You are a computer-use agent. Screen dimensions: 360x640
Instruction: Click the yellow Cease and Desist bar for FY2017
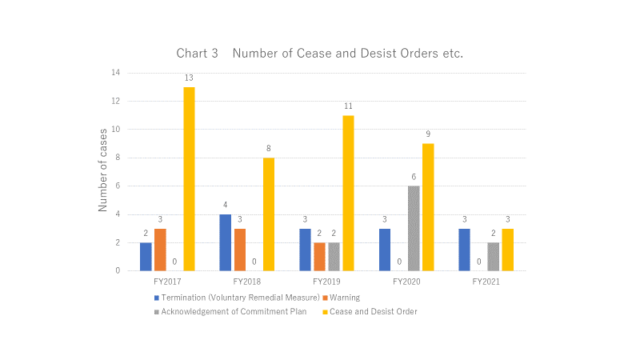pyautogui.click(x=189, y=179)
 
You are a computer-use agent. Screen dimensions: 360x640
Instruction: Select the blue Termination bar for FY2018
pyautogui.click(x=226, y=242)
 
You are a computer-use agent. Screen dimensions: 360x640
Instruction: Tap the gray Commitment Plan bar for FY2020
pyautogui.click(x=414, y=228)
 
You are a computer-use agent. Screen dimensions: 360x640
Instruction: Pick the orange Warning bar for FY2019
pyautogui.click(x=320, y=256)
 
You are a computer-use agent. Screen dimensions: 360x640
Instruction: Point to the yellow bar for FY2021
pyautogui.click(x=508, y=250)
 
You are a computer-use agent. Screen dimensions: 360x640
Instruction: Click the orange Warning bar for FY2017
pyautogui.click(x=160, y=250)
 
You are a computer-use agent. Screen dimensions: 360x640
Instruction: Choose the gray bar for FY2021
pyautogui.click(x=494, y=256)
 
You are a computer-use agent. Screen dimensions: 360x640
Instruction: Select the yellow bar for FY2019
pyautogui.click(x=349, y=193)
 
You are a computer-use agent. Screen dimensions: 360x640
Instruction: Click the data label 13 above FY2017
pyautogui.click(x=189, y=78)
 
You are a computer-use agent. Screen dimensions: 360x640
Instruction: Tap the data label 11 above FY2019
pyautogui.click(x=349, y=106)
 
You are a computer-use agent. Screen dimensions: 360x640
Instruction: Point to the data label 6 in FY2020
pyautogui.click(x=414, y=177)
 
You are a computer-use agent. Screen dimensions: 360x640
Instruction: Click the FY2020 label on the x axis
pyautogui.click(x=406, y=282)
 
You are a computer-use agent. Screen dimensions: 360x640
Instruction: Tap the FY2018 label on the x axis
pyautogui.click(x=247, y=282)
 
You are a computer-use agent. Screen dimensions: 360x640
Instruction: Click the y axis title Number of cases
pyautogui.click(x=102, y=172)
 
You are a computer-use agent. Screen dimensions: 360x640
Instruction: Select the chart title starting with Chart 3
pyautogui.click(x=320, y=53)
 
